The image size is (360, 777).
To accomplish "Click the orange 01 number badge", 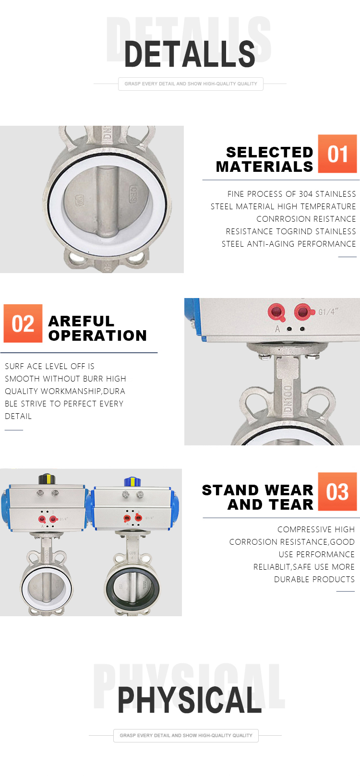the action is click(x=337, y=154).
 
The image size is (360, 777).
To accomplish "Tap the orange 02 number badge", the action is click(x=23, y=323).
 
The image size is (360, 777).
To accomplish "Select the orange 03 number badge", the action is click(x=337, y=491).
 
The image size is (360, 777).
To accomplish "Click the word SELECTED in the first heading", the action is click(x=269, y=152).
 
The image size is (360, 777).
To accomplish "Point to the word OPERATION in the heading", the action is click(x=97, y=335).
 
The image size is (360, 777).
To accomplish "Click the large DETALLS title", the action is click(x=190, y=54).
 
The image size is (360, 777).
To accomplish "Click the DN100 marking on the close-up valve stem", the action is click(x=287, y=398).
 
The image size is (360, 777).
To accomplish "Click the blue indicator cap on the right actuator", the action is click(x=132, y=481).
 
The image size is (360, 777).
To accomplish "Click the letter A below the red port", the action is click(x=277, y=329).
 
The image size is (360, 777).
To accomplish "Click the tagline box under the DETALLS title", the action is click(x=191, y=84).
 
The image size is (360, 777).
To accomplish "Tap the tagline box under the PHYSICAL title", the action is click(x=186, y=735).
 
